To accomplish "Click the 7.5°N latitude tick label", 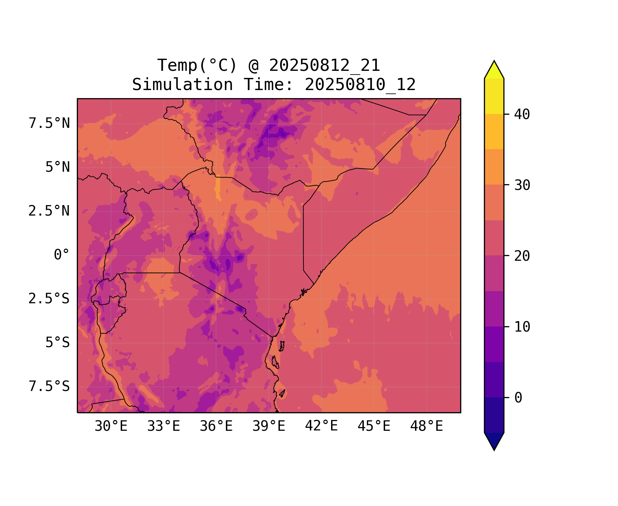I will point(49,123).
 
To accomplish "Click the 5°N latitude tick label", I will point(58,167).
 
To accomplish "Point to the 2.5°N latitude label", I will point(49,211).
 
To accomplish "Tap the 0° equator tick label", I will point(62,255).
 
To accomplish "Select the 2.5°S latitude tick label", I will point(49,299).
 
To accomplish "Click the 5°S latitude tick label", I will point(58,343).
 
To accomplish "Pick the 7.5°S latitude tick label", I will point(49,387).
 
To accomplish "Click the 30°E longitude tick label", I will point(111,426).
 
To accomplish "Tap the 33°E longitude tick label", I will point(164,426).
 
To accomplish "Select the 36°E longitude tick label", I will point(216,426).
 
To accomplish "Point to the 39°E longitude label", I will point(269,426).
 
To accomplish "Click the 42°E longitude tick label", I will point(321,426).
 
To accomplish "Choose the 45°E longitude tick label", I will point(374,426).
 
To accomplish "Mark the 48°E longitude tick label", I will point(426,426).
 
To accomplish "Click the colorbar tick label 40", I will point(522,114).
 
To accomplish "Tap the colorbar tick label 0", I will point(518,398).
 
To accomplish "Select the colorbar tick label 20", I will point(522,256).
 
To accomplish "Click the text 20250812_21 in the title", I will point(324,65).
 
